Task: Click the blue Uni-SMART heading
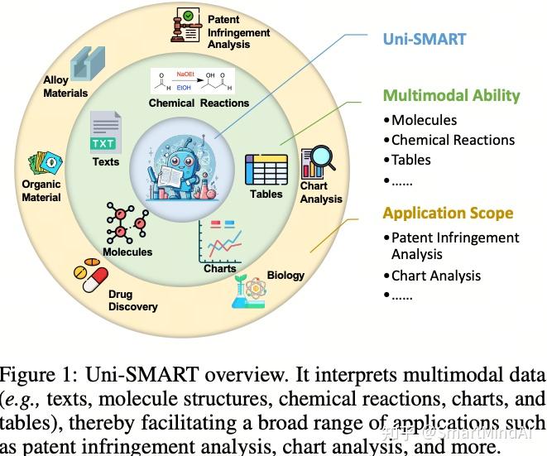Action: pyautogui.click(x=424, y=38)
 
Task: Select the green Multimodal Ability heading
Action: pyautogui.click(x=451, y=95)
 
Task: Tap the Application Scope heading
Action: pyautogui.click(x=448, y=213)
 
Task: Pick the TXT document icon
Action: pyautogui.click(x=105, y=132)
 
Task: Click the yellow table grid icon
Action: pyautogui.click(x=266, y=169)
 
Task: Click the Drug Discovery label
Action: pyautogui.click(x=132, y=300)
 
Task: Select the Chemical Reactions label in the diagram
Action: pyautogui.click(x=199, y=103)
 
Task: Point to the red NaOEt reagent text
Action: pyautogui.click(x=186, y=74)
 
